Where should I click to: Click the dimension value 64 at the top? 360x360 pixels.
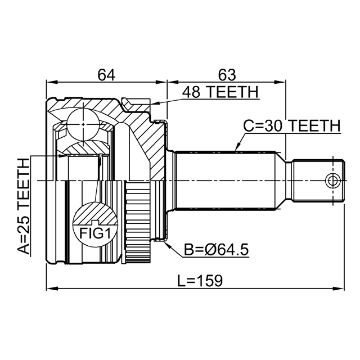tap(106, 74)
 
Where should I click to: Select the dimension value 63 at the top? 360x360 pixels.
tap(226, 74)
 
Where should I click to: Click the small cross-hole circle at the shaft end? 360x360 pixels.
tap(333, 181)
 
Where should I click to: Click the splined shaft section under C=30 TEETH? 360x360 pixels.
tap(225, 180)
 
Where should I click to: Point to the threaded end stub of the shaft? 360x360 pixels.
tap(318, 181)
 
